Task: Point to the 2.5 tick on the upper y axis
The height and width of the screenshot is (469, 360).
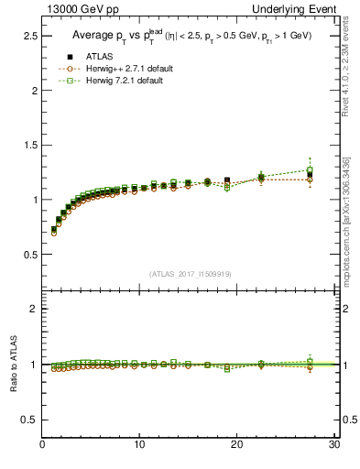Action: point(29,36)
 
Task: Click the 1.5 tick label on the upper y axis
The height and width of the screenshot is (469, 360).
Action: point(29,145)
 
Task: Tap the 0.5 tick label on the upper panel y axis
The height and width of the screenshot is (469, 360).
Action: point(29,254)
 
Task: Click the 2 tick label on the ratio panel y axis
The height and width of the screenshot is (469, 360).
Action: point(34,309)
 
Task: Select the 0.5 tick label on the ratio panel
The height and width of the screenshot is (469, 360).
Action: point(29,420)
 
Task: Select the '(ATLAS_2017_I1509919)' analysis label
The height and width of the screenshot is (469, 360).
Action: point(189,273)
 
